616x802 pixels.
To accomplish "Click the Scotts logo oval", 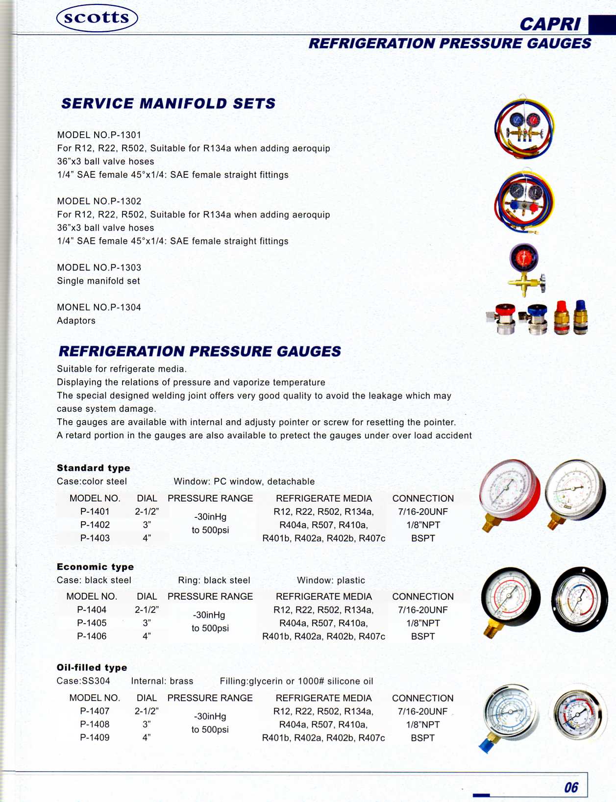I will coord(97,18).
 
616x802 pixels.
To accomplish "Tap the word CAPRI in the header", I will coord(549,24).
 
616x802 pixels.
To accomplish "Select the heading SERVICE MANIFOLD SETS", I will coord(168,103).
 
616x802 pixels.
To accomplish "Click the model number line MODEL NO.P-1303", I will coord(99,267).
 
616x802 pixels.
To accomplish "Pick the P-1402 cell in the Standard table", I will coord(95,525).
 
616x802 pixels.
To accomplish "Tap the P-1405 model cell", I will coord(92,623).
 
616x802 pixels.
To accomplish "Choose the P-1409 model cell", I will coord(95,737).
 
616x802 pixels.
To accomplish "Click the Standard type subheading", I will coord(94,468).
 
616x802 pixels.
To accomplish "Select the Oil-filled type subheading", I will coord(92,667).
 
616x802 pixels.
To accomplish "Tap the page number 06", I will coord(571,787).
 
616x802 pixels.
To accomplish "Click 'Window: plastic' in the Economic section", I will coord(331,580).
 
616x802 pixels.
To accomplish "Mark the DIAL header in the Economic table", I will coord(147,596).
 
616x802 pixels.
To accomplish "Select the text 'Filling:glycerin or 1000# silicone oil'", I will coord(296,681).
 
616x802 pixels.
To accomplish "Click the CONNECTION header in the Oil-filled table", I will coord(422,698).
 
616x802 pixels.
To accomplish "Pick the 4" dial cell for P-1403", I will coord(147,538).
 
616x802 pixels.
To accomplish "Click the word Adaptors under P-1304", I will coord(76,320).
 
